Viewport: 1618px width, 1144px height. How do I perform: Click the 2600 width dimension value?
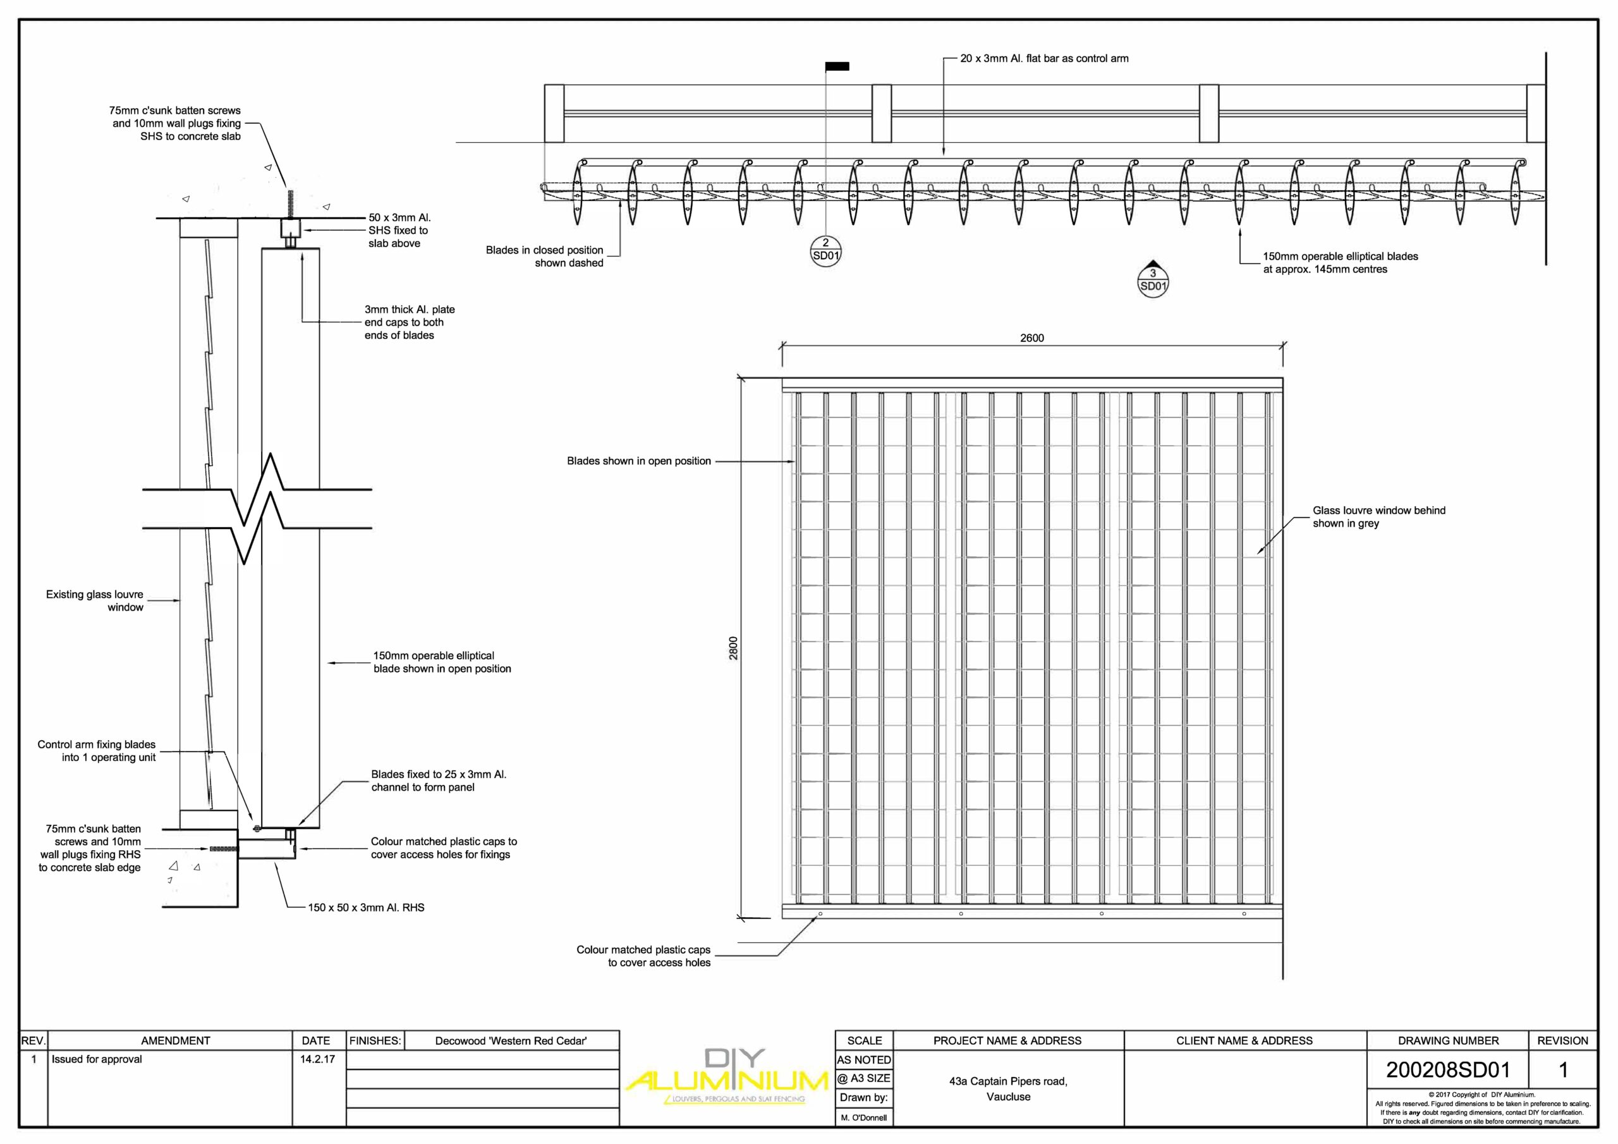tap(1031, 338)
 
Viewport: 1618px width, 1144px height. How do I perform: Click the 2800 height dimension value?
tap(734, 648)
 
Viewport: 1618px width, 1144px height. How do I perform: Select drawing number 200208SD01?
tap(1447, 1070)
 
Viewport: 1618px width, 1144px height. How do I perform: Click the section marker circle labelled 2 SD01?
tap(826, 250)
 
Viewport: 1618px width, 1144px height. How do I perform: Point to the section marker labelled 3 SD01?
tap(1153, 280)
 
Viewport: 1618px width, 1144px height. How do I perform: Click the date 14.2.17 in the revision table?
tap(317, 1059)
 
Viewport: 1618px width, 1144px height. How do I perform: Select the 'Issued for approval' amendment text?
tap(97, 1059)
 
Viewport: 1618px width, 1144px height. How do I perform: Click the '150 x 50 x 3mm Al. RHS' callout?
tap(366, 908)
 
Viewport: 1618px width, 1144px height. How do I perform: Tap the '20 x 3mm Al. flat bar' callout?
tap(1043, 59)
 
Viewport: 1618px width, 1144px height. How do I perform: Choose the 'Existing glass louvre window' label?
tap(94, 600)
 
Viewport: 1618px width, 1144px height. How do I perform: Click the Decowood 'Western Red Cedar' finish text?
tap(510, 1040)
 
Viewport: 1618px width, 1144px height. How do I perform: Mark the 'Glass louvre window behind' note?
tap(1378, 516)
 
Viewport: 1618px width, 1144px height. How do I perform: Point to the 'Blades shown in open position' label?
tap(638, 461)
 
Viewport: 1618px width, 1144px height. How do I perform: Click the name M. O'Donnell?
tap(864, 1117)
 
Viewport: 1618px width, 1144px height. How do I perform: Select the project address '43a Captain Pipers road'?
tap(1007, 1081)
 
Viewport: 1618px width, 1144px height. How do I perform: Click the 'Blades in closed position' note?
tap(544, 257)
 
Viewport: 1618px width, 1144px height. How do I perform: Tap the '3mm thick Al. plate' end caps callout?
tap(409, 322)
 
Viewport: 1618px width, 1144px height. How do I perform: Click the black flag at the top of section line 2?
tap(837, 66)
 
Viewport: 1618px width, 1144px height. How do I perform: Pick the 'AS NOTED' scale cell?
tap(864, 1059)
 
